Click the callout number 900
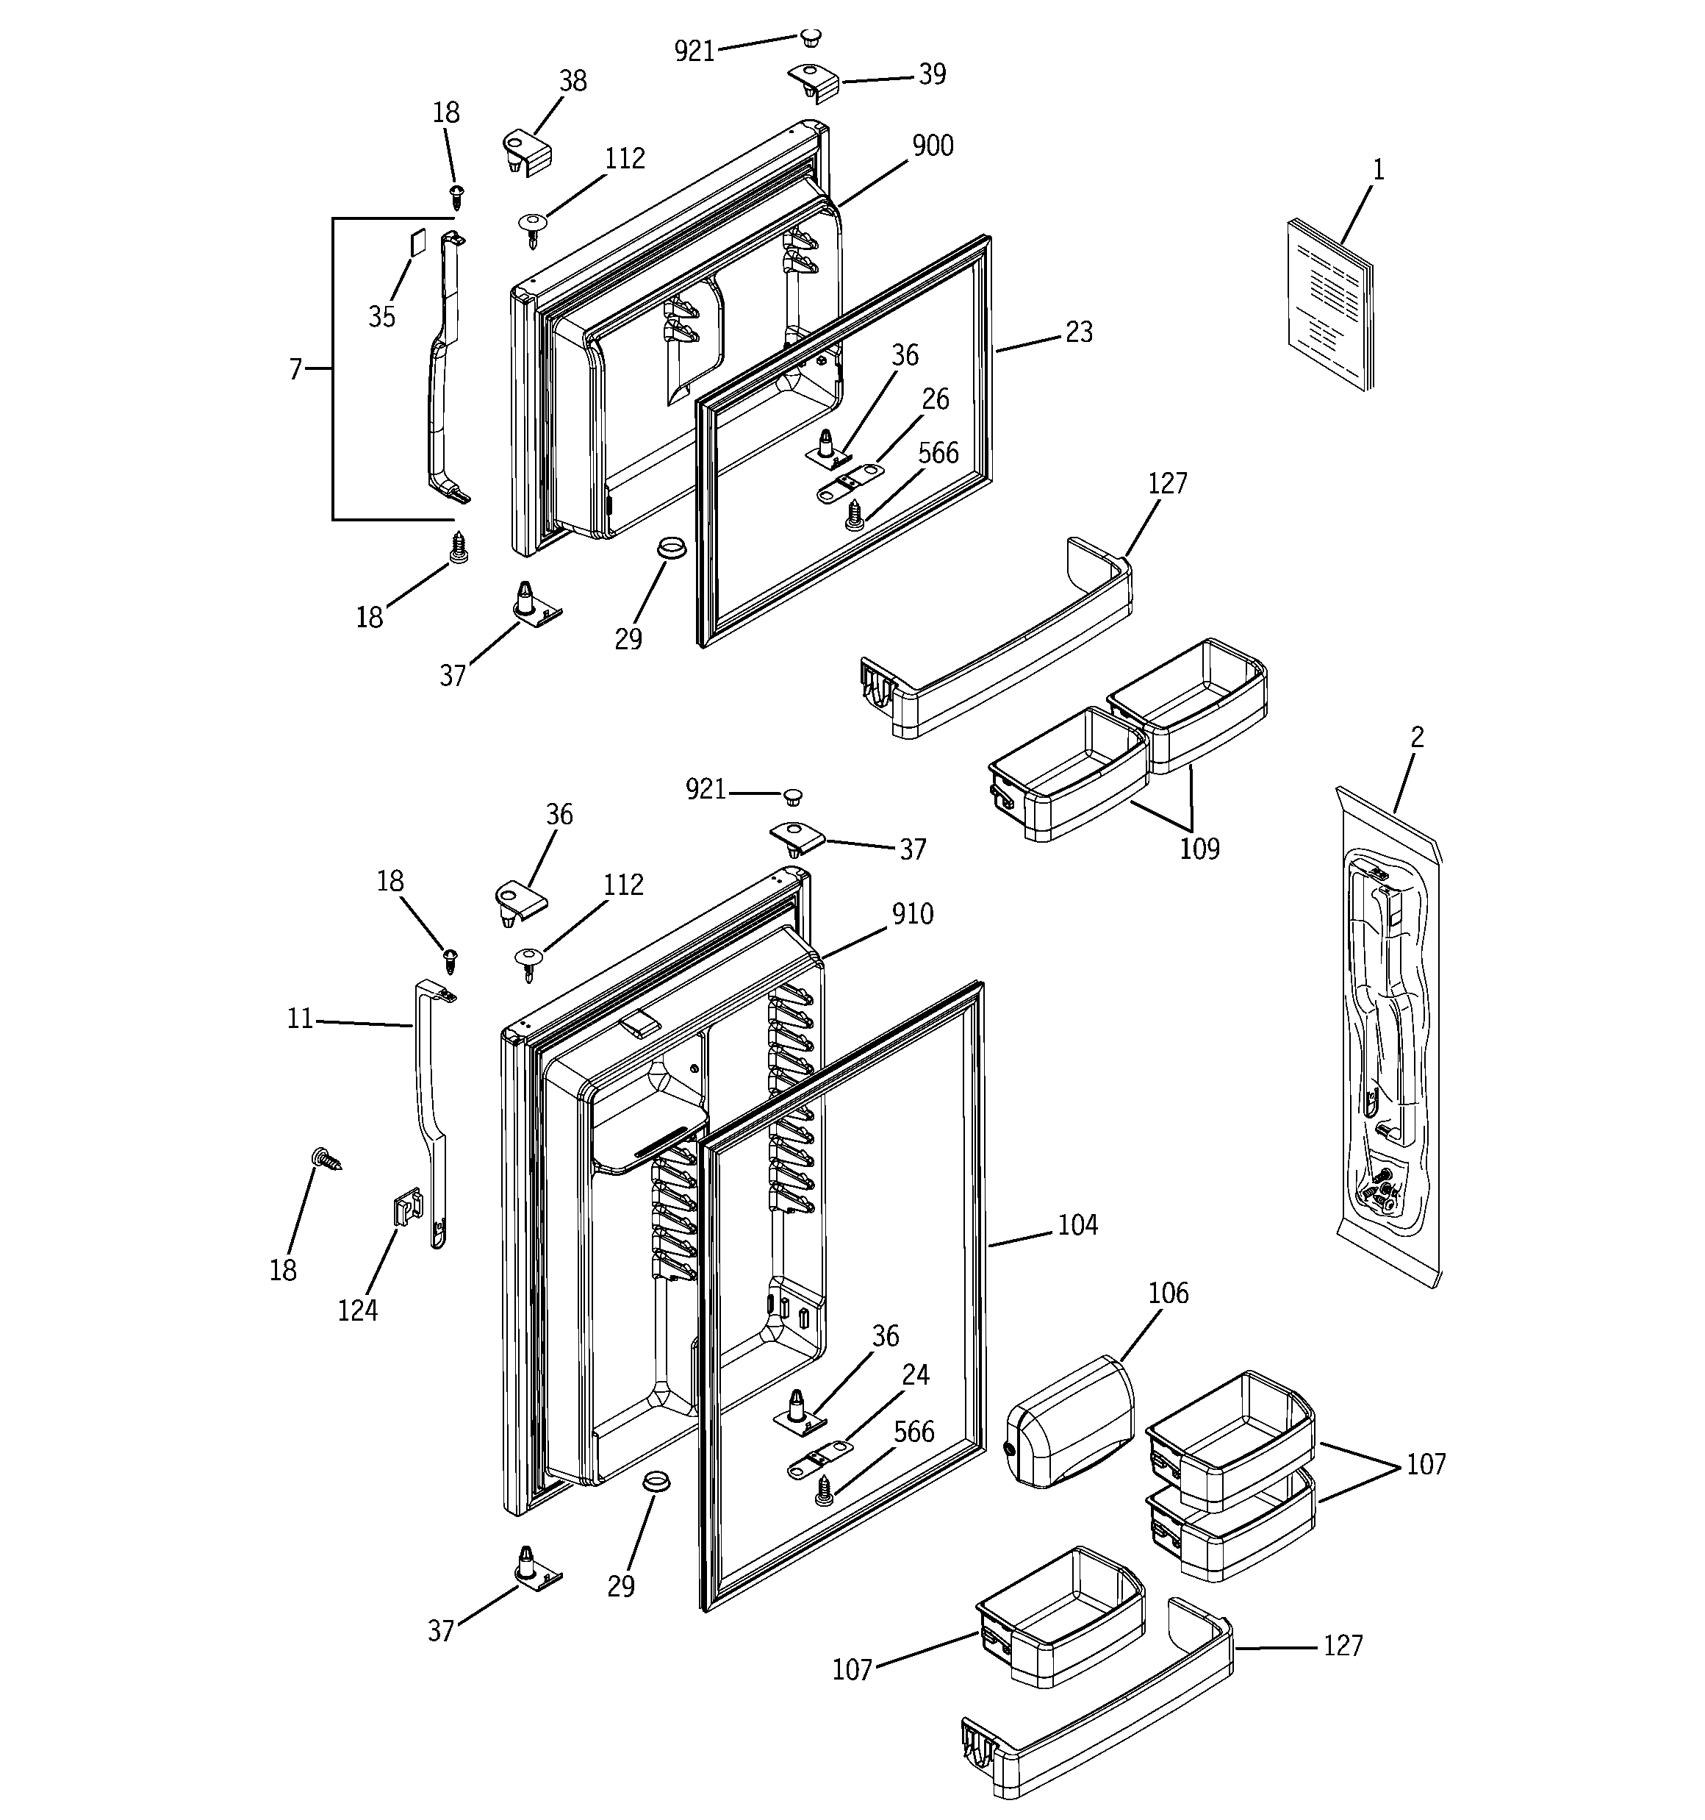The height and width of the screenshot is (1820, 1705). [933, 146]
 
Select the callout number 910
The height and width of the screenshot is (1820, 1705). [913, 913]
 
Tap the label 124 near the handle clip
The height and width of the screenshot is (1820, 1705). [357, 1311]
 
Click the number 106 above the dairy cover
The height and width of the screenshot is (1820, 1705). [1168, 1293]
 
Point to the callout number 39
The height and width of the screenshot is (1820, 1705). [932, 75]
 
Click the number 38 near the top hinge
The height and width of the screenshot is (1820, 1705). [573, 82]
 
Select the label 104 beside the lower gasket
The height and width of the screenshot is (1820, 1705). [1077, 1225]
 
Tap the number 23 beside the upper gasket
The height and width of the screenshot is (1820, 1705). [1079, 332]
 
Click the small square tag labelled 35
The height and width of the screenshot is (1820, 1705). [417, 242]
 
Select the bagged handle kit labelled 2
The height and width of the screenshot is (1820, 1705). [1387, 1035]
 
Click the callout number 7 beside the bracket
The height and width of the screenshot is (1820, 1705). [295, 369]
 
